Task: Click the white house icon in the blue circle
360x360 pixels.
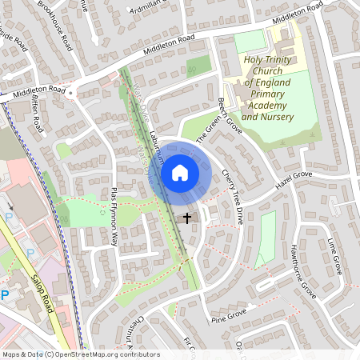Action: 179,172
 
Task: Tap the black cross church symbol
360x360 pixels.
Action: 187,217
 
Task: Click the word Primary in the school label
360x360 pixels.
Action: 266,94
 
